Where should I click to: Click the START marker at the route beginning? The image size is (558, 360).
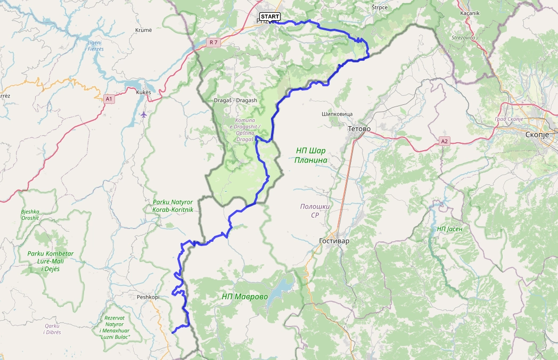(270, 17)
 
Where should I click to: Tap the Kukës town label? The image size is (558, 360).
(144, 92)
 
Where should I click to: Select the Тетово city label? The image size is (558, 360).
(359, 128)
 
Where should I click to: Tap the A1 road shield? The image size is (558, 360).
(109, 99)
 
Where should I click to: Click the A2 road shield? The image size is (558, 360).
(445, 141)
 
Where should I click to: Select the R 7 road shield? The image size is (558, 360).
(214, 42)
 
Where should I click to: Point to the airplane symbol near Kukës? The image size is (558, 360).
(143, 114)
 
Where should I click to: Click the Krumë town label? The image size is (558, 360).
(143, 30)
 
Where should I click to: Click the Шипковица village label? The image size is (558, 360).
(338, 114)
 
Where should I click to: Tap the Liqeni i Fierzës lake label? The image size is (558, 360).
(95, 45)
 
